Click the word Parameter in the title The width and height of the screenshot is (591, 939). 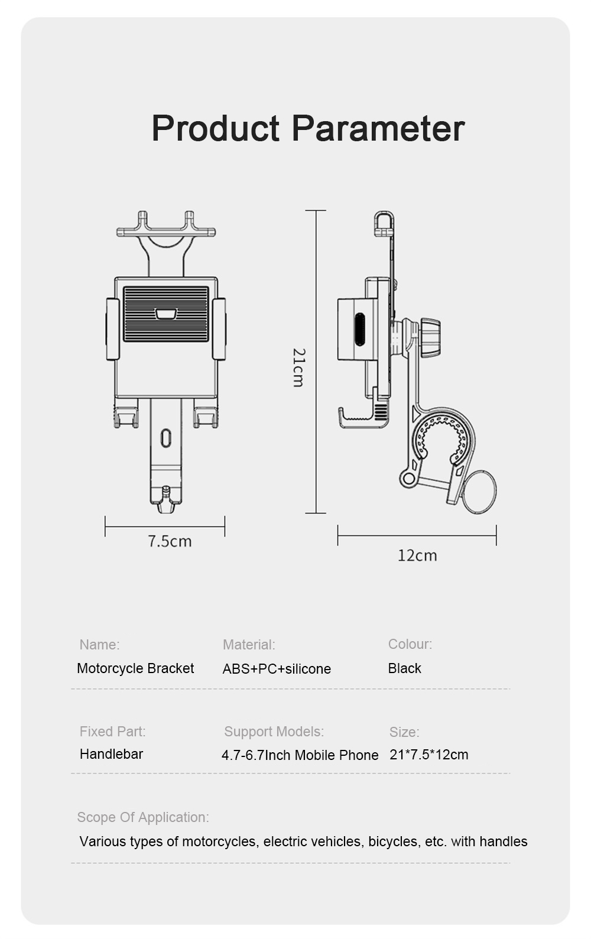378,128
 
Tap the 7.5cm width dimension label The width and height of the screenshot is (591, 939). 170,541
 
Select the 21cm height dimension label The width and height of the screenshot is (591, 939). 299,368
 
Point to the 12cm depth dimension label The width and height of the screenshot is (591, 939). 417,555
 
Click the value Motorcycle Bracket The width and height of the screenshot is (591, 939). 135,668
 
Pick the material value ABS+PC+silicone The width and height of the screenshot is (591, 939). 277,669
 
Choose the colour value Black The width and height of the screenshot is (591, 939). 405,668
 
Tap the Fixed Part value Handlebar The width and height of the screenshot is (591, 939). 111,754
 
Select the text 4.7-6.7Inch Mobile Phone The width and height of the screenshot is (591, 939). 300,755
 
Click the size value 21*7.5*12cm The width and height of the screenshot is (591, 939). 429,755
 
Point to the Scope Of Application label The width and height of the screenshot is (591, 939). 143,817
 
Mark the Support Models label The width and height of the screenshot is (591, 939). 274,732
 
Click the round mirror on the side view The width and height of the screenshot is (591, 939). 479,492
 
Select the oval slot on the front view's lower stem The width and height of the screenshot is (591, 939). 166,438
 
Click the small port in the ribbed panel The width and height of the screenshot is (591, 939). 166,314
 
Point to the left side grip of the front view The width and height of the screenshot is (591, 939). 112,329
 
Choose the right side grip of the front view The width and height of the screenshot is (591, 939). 219,329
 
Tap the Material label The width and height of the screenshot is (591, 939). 249,645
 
